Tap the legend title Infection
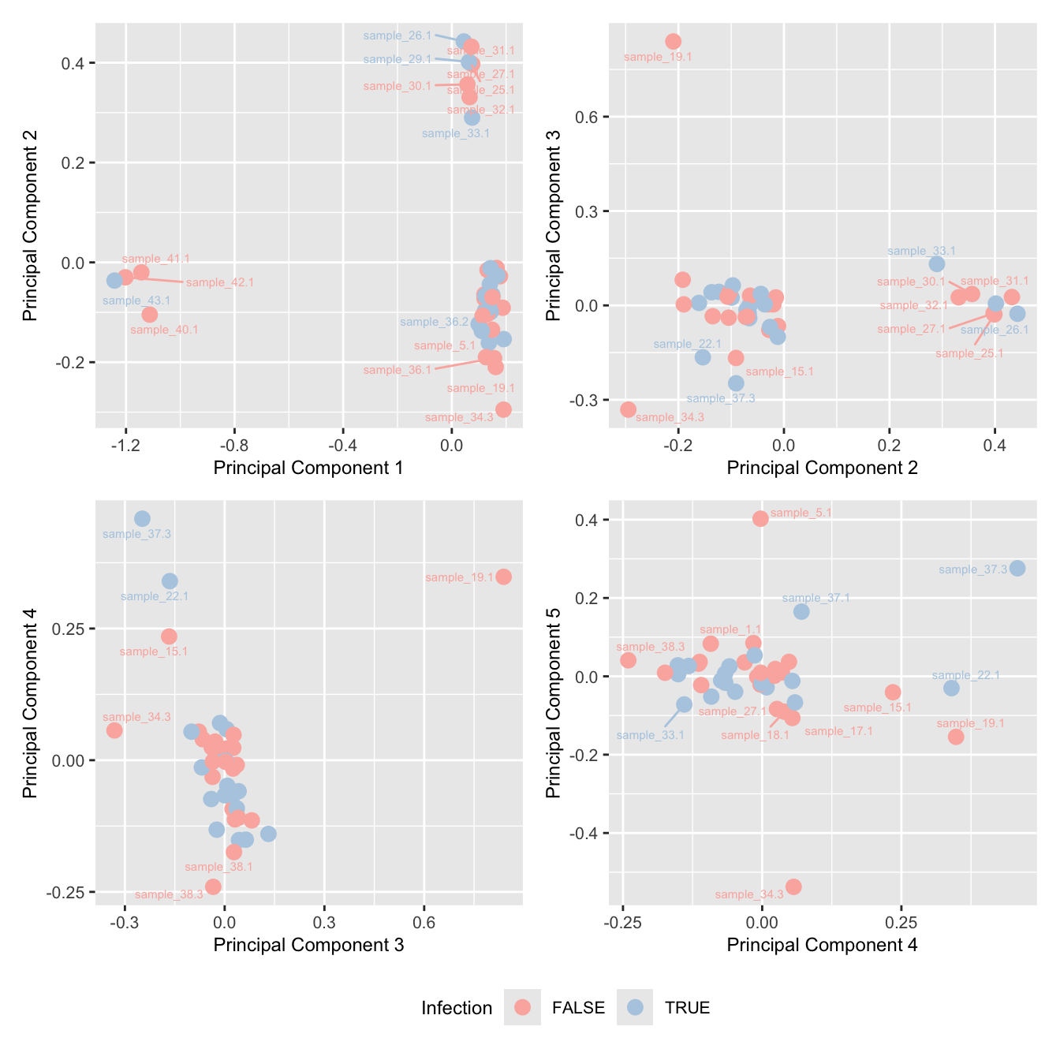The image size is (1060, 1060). [x=457, y=1008]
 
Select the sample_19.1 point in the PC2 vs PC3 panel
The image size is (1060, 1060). [x=673, y=42]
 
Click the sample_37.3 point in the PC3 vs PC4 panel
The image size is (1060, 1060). [x=142, y=518]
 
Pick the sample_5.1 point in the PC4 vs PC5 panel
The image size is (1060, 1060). [x=760, y=518]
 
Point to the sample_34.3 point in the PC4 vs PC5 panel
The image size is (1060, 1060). [x=793, y=886]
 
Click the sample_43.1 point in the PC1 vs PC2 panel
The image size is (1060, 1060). [x=114, y=281]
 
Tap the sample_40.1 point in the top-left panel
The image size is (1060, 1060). [x=150, y=315]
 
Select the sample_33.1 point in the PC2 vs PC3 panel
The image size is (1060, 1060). [x=936, y=264]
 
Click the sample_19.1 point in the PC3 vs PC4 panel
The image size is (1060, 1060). [x=504, y=577]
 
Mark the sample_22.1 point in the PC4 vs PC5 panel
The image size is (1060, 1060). [x=951, y=688]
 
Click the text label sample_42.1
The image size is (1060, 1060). [x=220, y=282]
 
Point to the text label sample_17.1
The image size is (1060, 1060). [x=838, y=731]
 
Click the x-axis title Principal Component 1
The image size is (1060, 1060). [x=308, y=468]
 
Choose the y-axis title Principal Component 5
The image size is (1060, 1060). [x=554, y=701]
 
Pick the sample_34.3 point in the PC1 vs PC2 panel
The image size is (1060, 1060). [x=503, y=409]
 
